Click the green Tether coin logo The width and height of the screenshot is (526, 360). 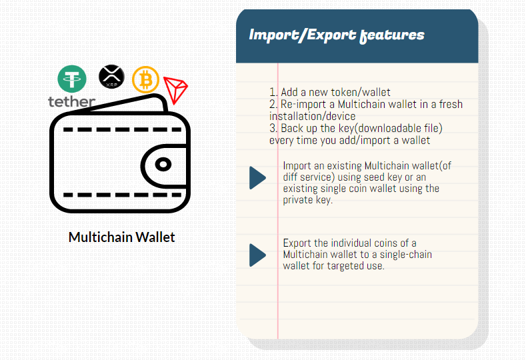click(x=72, y=79)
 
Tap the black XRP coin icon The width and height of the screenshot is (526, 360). click(x=112, y=77)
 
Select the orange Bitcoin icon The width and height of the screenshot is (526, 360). click(x=145, y=80)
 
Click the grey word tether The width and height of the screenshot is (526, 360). click(x=72, y=101)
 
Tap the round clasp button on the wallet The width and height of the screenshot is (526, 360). click(x=163, y=165)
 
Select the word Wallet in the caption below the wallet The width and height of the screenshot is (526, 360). click(x=155, y=237)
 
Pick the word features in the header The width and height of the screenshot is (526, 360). click(x=392, y=35)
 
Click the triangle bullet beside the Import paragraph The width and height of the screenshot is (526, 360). click(x=257, y=178)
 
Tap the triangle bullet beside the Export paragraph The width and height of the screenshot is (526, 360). click(x=257, y=255)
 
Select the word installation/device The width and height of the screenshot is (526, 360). click(x=312, y=116)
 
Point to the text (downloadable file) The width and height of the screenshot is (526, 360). click(x=398, y=128)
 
